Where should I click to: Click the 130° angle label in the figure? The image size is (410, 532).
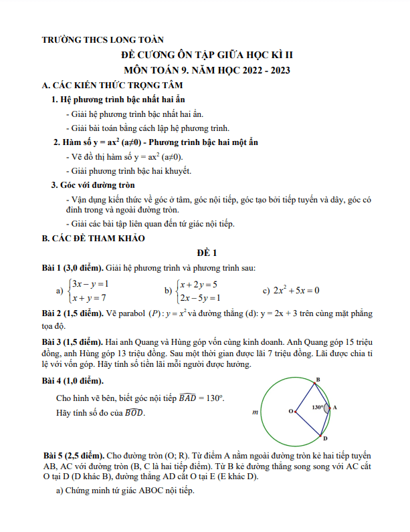[x=318, y=406]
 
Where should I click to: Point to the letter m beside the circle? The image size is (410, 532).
[x=255, y=413]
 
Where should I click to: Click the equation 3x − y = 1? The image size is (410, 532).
[x=90, y=283]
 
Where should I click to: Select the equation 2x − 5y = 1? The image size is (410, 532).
[x=199, y=297]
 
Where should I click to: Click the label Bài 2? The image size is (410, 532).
[x=54, y=313]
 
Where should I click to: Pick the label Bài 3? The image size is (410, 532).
[x=54, y=341]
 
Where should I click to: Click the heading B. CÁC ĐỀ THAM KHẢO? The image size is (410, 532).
[x=93, y=238]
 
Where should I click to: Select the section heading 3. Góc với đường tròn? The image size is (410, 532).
[x=94, y=184]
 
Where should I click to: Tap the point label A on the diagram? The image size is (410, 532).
[x=334, y=407]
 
